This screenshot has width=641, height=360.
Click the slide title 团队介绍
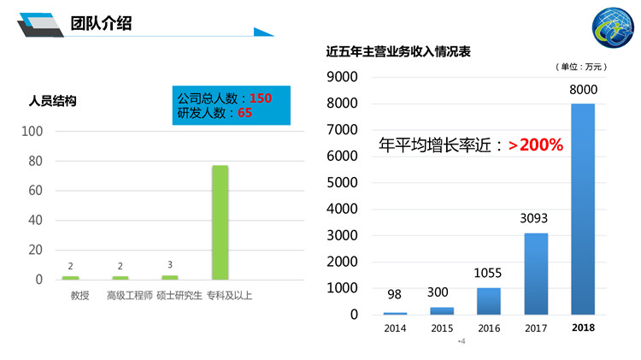tap(102, 23)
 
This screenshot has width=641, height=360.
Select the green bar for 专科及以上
tap(220, 222)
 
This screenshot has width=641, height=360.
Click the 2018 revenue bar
tap(583, 209)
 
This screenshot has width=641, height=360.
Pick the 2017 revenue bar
tap(536, 274)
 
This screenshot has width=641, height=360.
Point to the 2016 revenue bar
tap(489, 301)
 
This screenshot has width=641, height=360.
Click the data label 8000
tap(583, 90)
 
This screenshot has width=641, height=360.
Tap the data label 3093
tap(536, 219)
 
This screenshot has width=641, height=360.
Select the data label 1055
tap(489, 274)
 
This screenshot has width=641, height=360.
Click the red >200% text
tap(536, 145)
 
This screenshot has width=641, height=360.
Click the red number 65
tap(244, 112)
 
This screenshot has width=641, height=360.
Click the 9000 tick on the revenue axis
tap(342, 77)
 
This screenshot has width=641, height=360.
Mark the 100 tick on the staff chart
tap(32, 131)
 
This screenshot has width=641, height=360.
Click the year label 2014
tap(395, 328)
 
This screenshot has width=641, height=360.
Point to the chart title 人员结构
tap(53, 101)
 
